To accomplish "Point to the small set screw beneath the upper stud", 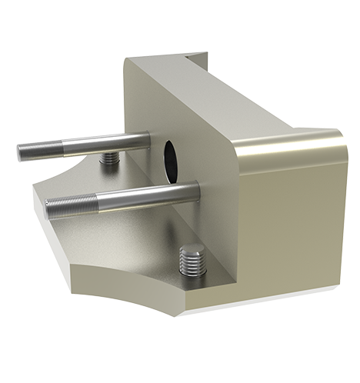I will pyautogui.click(x=112, y=158).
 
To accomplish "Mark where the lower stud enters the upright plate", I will pyautogui.click(x=195, y=189).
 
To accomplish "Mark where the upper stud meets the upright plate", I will pyautogui.click(x=148, y=139).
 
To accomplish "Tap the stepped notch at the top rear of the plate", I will pyautogui.click(x=196, y=58).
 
